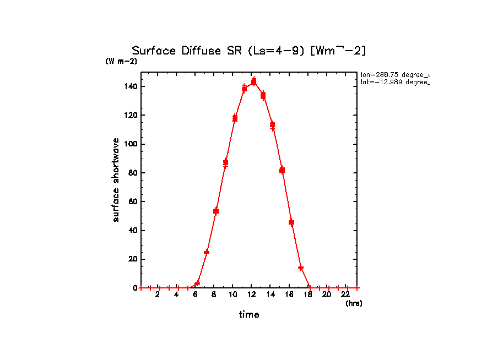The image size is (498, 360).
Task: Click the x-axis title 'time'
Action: (x=249, y=314)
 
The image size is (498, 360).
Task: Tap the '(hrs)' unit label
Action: (x=354, y=303)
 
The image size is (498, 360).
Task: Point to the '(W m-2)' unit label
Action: (x=121, y=61)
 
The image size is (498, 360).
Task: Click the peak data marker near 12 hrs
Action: (x=253, y=81)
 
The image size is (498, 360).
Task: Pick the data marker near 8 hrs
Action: (x=216, y=211)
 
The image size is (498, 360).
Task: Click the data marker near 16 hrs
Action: (x=291, y=222)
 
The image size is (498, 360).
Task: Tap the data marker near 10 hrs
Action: (x=235, y=118)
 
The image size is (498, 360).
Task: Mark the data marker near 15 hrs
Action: (x=282, y=170)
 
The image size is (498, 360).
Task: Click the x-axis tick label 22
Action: (x=347, y=294)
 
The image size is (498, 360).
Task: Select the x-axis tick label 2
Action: (x=158, y=294)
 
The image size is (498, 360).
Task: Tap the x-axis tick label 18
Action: (x=308, y=294)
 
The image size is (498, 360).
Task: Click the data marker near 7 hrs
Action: (x=207, y=252)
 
